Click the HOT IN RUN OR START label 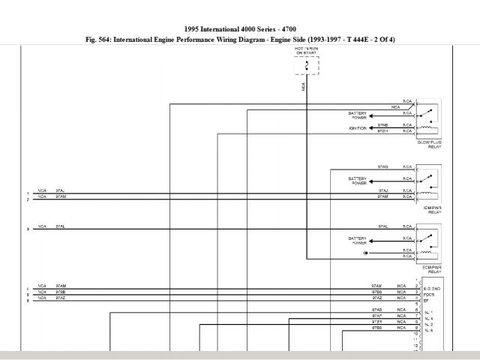(305, 51)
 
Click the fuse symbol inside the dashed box (306, 66)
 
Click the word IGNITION (357, 128)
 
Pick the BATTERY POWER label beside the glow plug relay (358, 115)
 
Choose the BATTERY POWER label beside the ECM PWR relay (358, 241)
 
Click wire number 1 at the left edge (28, 192)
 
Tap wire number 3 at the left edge (28, 226)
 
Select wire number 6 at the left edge (28, 300)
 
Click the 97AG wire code (382, 166)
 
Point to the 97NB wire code (382, 124)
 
